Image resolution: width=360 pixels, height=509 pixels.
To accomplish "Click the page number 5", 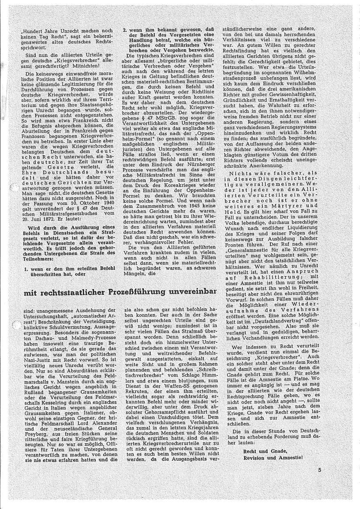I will point(320,470).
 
